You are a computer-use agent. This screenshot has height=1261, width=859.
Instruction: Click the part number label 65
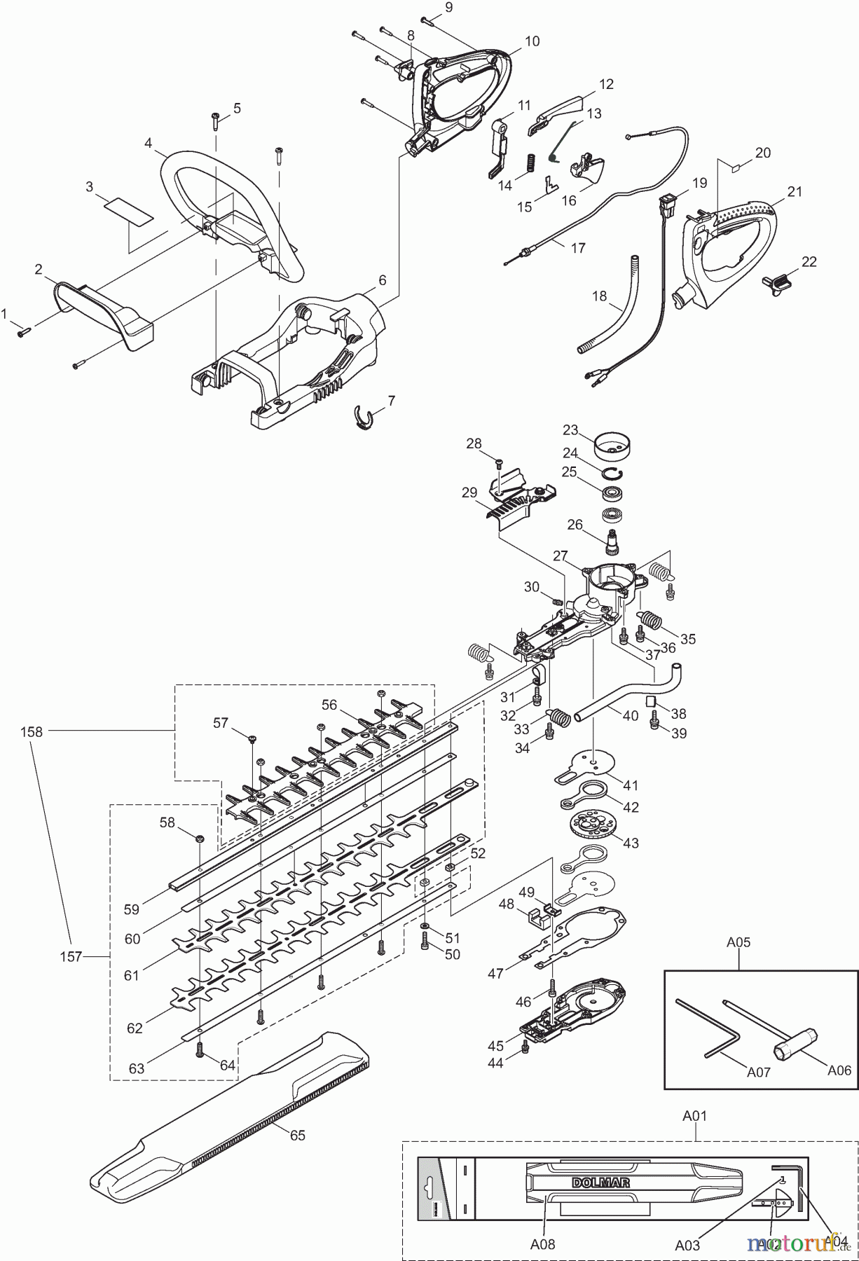298,1135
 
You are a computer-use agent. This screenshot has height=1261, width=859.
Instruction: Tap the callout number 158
32,731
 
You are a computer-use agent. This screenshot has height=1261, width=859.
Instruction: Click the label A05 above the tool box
738,942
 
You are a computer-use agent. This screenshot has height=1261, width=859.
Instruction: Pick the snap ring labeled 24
612,471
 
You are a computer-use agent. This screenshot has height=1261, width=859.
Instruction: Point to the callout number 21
794,192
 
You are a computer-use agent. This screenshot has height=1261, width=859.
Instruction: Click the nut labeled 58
200,839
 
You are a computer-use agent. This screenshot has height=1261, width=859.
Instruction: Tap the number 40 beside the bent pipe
631,715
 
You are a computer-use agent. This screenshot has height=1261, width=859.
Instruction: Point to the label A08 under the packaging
542,1244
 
